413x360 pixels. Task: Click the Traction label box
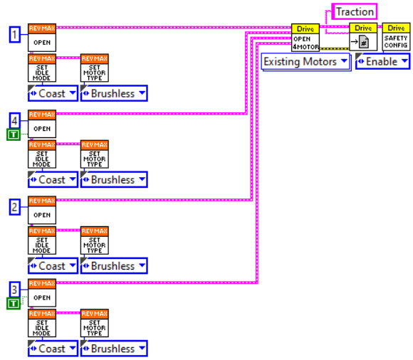(354, 11)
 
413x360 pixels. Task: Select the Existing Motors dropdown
(306, 62)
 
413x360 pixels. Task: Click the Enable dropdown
(383, 62)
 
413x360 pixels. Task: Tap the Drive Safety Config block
(397, 37)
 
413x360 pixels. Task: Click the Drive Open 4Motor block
(305, 37)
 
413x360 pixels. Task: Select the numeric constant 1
(14, 33)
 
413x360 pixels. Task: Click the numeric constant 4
(14, 120)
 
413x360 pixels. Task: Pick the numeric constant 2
(14, 206)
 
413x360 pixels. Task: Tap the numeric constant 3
(14, 290)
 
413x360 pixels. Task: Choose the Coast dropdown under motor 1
(52, 93)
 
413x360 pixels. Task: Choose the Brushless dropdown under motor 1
(113, 93)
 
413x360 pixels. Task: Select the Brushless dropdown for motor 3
(113, 349)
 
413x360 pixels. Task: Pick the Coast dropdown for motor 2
(52, 266)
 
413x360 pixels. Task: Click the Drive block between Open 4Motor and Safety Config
(363, 37)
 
